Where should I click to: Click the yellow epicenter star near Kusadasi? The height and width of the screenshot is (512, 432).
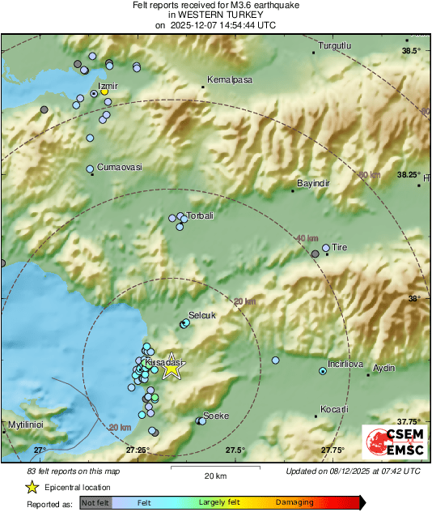(x=171, y=369)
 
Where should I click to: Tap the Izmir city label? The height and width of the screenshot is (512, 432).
(x=108, y=85)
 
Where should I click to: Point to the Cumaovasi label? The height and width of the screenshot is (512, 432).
(x=119, y=167)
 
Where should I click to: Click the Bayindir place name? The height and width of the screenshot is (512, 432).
(x=315, y=184)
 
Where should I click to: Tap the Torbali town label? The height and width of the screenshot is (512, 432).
(x=200, y=216)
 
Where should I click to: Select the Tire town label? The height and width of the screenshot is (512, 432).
(x=339, y=248)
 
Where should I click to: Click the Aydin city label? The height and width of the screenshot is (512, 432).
(x=383, y=368)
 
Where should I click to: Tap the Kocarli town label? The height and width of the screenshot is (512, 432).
(x=333, y=409)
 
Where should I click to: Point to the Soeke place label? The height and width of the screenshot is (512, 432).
(x=216, y=416)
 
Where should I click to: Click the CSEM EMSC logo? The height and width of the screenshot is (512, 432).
(x=392, y=442)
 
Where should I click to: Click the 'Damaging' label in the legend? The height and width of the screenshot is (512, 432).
(x=294, y=502)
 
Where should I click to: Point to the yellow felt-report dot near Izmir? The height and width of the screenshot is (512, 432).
(x=104, y=92)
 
